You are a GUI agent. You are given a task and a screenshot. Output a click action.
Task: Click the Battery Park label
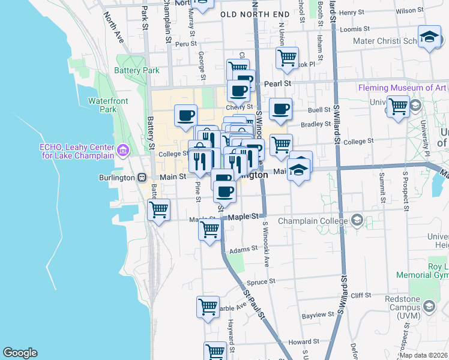pyautogui.click(x=137, y=70)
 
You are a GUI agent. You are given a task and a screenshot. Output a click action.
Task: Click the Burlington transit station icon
pyautogui.click(x=142, y=177)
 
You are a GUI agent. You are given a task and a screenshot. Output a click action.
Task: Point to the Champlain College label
pyautogui.click(x=321, y=220)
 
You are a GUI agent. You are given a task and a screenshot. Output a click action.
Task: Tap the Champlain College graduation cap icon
pyautogui.click(x=358, y=220)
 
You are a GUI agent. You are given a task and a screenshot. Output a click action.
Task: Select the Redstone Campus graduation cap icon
pyautogui.click(x=429, y=307)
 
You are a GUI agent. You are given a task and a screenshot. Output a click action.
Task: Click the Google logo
pyautogui.click(x=20, y=353)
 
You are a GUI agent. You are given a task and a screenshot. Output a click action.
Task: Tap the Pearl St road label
pyautogui.click(x=279, y=83)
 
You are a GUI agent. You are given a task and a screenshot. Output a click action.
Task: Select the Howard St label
pyautogui.click(x=299, y=341)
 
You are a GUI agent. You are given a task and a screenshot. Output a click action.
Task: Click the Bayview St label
pyautogui.click(x=318, y=314)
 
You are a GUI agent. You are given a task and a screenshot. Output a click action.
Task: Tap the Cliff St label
pyautogui.click(x=361, y=295)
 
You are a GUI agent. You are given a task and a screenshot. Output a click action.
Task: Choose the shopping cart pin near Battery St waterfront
pyautogui.click(x=159, y=210)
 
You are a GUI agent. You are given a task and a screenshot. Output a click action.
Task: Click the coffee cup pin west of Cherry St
pyautogui.click(x=185, y=114)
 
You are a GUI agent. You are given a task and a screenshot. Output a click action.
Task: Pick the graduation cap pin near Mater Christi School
pyautogui.click(x=430, y=37)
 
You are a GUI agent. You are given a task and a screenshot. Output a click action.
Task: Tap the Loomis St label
pyautogui.click(x=352, y=29)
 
